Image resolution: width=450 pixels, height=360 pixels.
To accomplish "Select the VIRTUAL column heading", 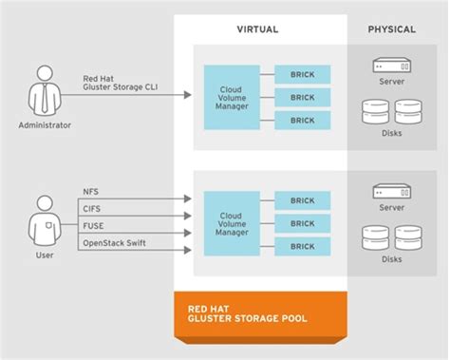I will [256, 29].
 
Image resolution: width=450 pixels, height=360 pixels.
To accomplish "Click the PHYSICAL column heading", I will [391, 29].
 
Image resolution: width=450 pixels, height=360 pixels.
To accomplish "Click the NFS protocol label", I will [92, 192].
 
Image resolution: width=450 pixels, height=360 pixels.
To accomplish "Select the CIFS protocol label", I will [93, 209].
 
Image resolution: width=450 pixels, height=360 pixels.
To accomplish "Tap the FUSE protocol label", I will [94, 226].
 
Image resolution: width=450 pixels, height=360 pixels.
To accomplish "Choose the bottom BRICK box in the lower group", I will [303, 246].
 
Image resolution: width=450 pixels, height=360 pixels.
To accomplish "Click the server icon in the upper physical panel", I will [393, 67].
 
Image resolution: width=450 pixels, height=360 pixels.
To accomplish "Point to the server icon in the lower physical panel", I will [393, 194].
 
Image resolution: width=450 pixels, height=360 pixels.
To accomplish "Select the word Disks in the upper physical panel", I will [393, 133].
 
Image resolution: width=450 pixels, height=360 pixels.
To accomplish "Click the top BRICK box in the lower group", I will [303, 199].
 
